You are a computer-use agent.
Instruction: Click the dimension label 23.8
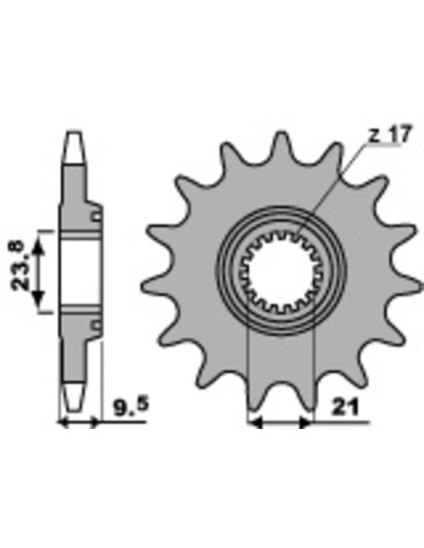click(x=18, y=266)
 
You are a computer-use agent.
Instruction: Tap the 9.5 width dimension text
click(x=131, y=405)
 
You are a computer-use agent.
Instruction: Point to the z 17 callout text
click(x=391, y=134)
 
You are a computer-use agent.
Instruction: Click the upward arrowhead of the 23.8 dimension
click(x=38, y=246)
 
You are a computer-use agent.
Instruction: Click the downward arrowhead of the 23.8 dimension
click(x=38, y=297)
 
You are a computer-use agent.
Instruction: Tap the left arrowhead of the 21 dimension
click(x=255, y=422)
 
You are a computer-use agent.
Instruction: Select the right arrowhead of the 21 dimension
click(x=306, y=422)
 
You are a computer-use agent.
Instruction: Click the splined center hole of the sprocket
click(x=281, y=272)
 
